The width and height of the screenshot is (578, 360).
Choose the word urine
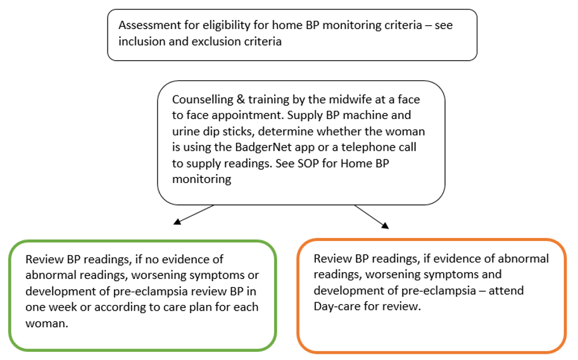coord(187,132)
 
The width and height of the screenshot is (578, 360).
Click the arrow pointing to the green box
coord(178,222)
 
